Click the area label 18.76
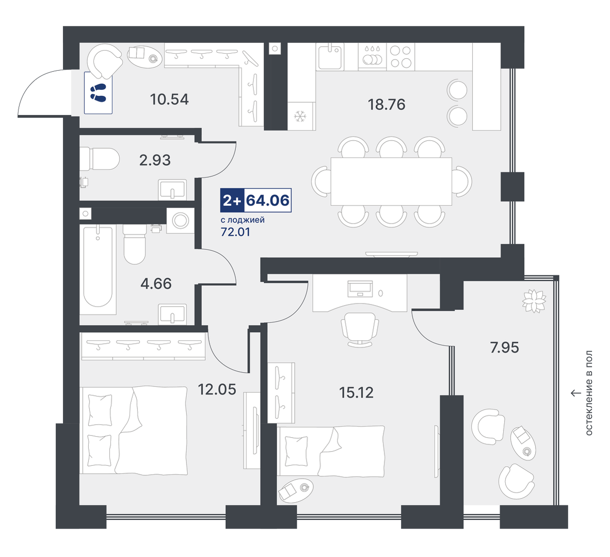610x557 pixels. point(387,104)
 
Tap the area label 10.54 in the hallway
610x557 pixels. point(169,99)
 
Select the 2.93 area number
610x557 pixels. point(155,160)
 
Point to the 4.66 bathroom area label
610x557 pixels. point(156,284)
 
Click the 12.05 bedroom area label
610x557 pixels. point(217,389)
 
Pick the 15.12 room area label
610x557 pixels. point(357,392)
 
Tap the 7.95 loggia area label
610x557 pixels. point(504,347)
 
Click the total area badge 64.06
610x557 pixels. point(268,200)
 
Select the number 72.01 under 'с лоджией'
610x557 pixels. point(235,232)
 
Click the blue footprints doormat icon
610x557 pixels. point(98,92)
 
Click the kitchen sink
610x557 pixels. point(330,57)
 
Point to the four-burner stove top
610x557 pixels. point(400,56)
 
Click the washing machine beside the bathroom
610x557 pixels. point(180,220)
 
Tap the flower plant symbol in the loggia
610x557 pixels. point(534,301)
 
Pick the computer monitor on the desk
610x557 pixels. point(360,289)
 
